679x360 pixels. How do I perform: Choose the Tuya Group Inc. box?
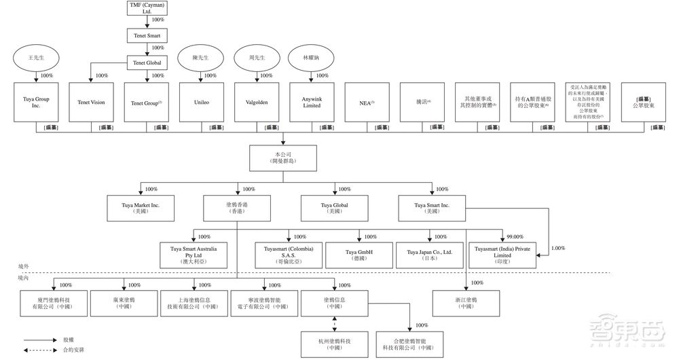click(x=35, y=103)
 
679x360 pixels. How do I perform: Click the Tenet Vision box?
click(x=91, y=103)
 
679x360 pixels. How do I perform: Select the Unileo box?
click(x=201, y=103)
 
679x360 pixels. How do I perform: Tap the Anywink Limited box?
click(x=311, y=103)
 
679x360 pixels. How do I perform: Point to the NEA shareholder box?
click(x=367, y=103)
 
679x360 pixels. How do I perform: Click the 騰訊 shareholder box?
click(x=422, y=103)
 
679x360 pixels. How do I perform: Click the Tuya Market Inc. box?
click(x=140, y=208)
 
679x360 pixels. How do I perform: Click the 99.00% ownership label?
click(x=515, y=237)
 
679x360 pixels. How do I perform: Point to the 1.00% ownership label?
click(x=558, y=248)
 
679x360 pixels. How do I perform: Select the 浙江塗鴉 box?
click(x=466, y=302)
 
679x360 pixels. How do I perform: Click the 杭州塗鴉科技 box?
click(x=335, y=344)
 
